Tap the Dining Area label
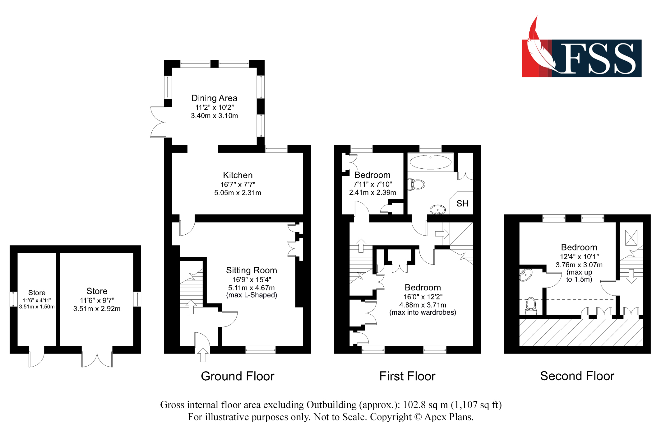(214, 98)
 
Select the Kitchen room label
(238, 175)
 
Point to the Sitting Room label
(252, 270)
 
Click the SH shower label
(462, 204)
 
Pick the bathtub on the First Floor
(431, 162)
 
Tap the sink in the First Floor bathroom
(438, 210)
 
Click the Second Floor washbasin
(526, 275)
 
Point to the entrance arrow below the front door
(203, 355)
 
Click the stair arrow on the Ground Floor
(191, 307)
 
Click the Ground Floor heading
(238, 376)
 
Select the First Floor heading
(407, 376)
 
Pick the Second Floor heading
(577, 376)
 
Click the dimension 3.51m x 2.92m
(97, 309)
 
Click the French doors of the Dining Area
(158, 122)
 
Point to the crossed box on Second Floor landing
(631, 237)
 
